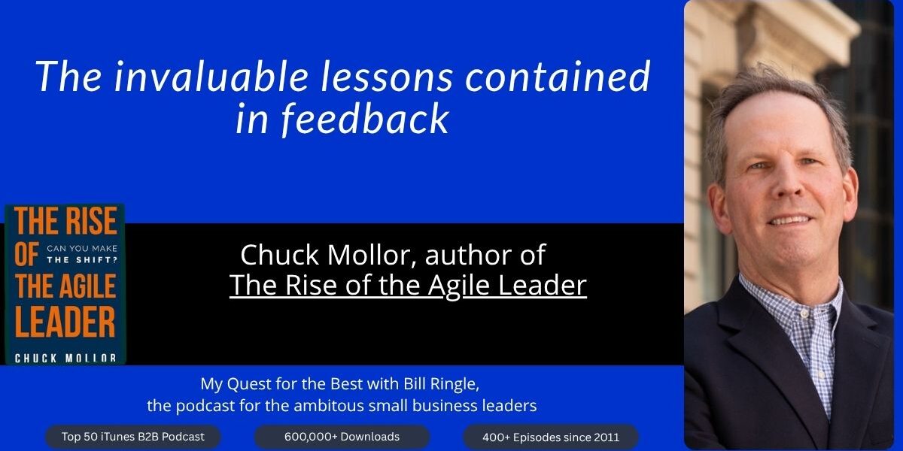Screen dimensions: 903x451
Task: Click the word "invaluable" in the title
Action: [x=211, y=77]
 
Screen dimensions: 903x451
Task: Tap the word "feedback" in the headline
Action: [x=365, y=119]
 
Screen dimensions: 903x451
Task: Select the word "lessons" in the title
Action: [x=387, y=77]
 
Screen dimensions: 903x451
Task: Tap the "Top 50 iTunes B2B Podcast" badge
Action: [x=133, y=437]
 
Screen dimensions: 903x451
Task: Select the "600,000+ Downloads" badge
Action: [x=342, y=437]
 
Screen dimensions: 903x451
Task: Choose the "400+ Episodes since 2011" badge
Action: [x=551, y=437]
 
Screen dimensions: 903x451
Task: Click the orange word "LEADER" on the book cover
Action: [x=65, y=322]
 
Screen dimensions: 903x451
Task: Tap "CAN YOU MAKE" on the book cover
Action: [x=82, y=249]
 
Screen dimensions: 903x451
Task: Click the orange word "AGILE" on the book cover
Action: [x=86, y=286]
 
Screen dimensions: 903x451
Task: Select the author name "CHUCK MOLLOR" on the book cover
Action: [x=65, y=358]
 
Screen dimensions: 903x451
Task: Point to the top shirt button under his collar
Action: [x=804, y=313]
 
